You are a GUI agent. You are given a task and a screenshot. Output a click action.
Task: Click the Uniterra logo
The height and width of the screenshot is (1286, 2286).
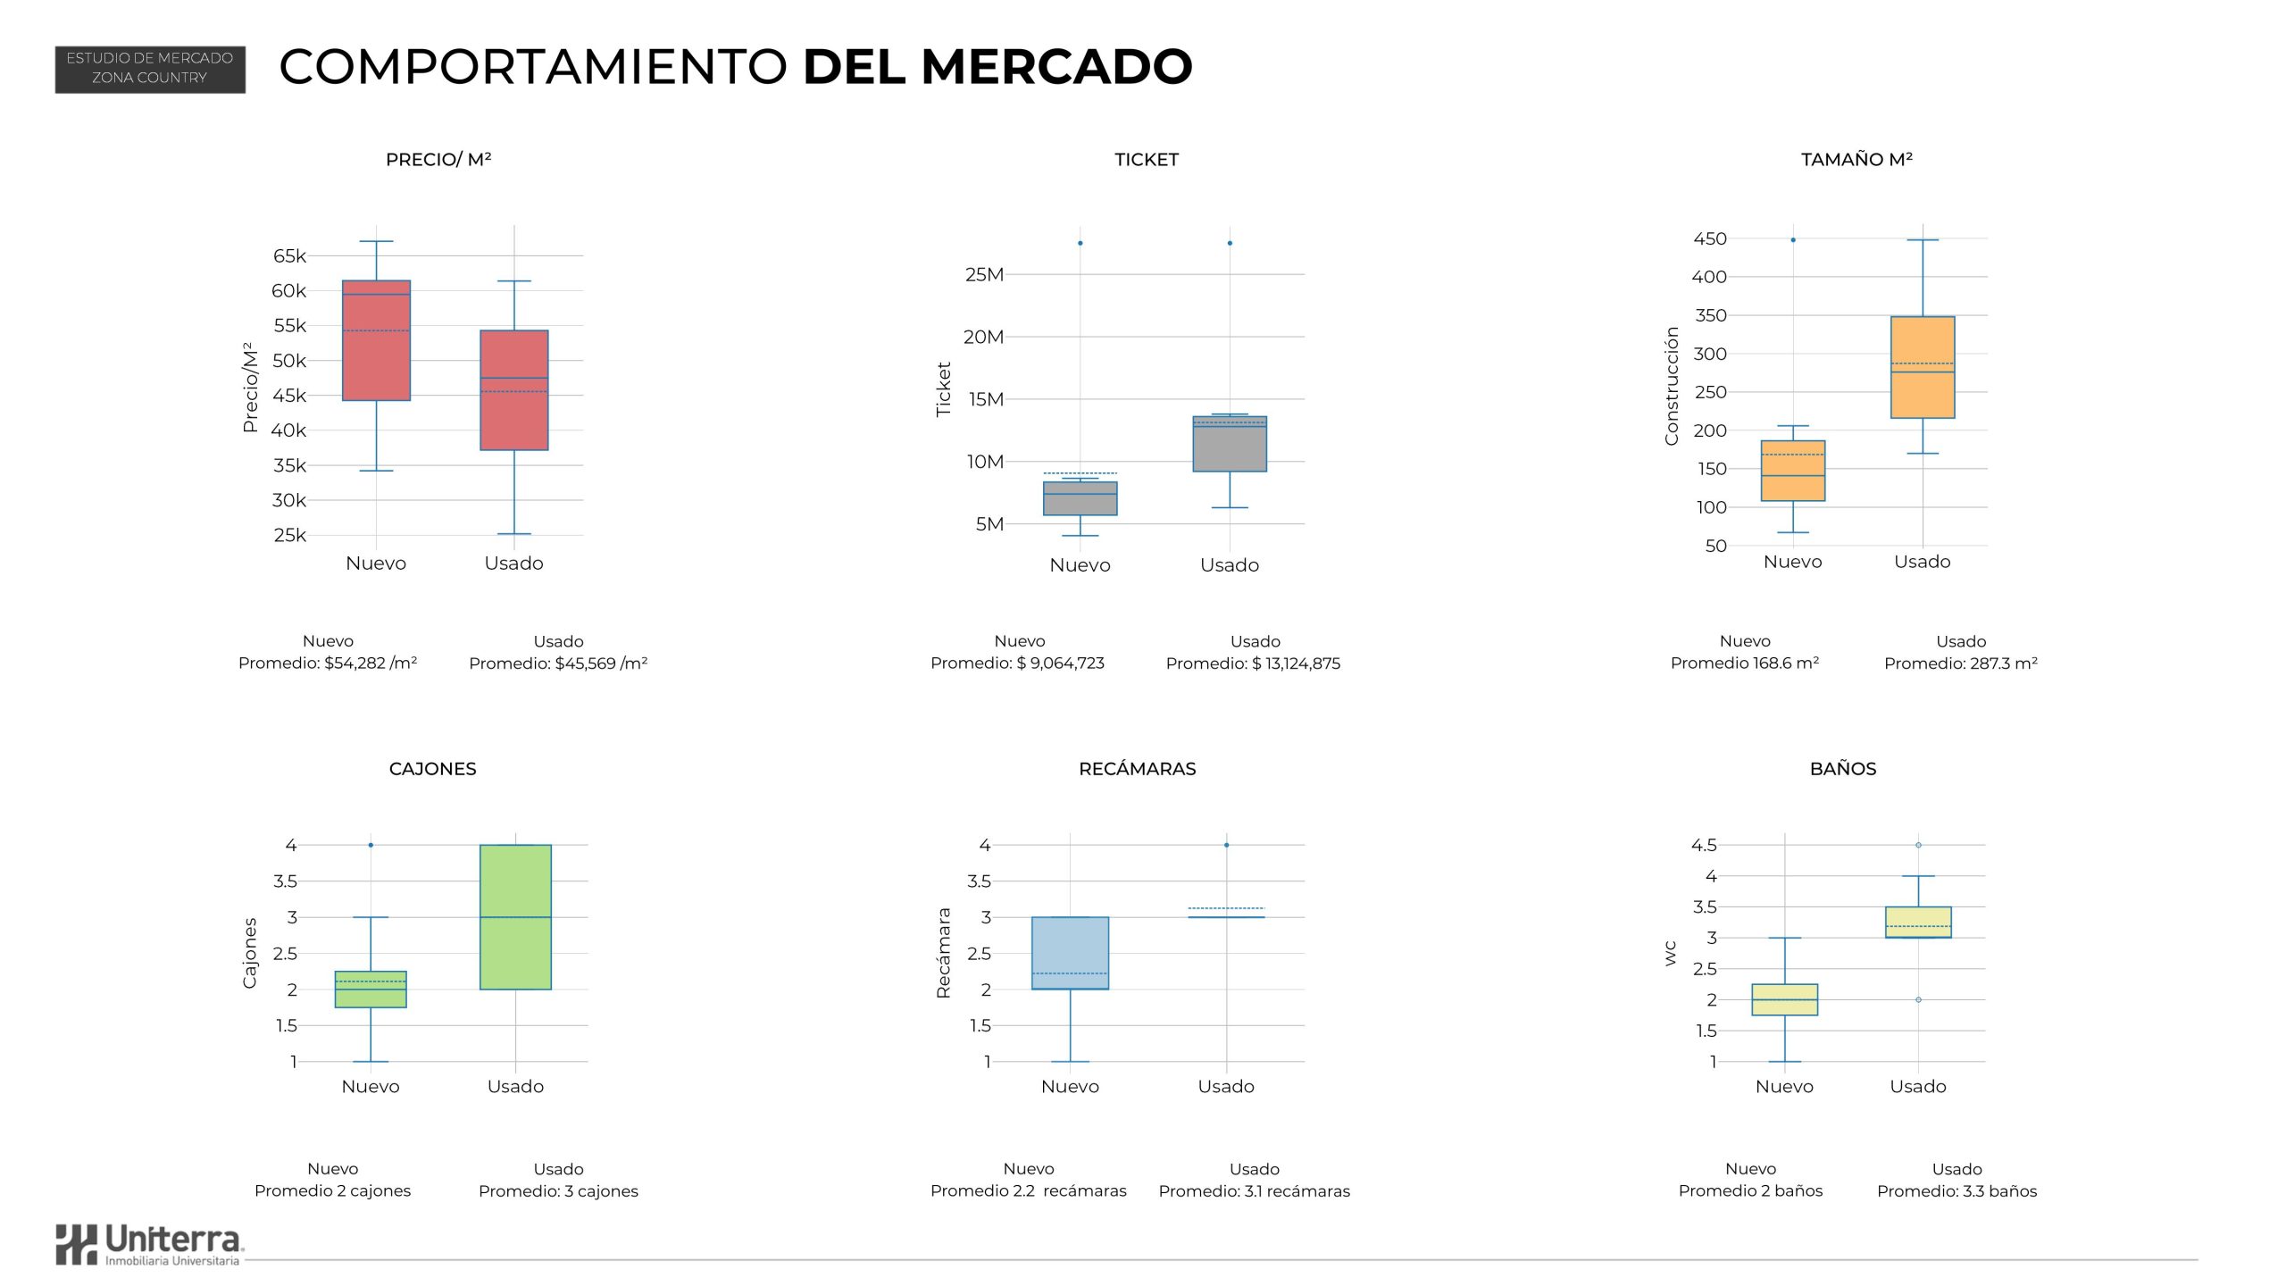pyautogui.click(x=149, y=1244)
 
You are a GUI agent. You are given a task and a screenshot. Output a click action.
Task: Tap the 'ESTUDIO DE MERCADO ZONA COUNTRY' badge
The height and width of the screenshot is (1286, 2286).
pyautogui.click(x=150, y=69)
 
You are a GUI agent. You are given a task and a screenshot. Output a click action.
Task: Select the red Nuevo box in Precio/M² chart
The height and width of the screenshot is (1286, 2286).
pyautogui.click(x=376, y=340)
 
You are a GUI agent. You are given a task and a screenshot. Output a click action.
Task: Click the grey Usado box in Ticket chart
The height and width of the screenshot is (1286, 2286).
pyautogui.click(x=1230, y=444)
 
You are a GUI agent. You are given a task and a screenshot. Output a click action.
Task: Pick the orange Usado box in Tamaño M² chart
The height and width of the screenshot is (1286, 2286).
pyautogui.click(x=1923, y=367)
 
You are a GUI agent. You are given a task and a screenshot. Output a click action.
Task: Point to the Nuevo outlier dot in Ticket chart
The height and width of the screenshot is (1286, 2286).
pyautogui.click(x=1080, y=243)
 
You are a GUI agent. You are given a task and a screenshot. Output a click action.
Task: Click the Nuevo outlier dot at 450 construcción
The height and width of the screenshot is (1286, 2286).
pyautogui.click(x=1793, y=240)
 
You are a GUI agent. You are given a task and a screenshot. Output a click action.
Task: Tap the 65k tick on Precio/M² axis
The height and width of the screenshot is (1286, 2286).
pyautogui.click(x=289, y=256)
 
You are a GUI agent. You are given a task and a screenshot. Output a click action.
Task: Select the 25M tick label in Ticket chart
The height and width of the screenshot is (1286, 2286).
pyautogui.click(x=984, y=275)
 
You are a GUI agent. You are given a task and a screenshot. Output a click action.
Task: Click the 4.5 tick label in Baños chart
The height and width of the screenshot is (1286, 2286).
pyautogui.click(x=1704, y=845)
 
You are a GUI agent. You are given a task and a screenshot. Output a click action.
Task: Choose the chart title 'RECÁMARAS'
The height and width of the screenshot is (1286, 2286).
pyautogui.click(x=1137, y=769)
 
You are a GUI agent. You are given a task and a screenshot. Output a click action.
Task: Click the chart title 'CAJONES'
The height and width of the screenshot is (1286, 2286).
pyautogui.click(x=432, y=769)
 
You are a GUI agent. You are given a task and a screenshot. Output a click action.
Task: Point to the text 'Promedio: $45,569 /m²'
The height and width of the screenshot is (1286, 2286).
pyautogui.click(x=558, y=664)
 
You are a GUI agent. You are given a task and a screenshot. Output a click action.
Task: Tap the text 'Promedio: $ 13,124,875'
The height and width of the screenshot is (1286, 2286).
pyautogui.click(x=1253, y=664)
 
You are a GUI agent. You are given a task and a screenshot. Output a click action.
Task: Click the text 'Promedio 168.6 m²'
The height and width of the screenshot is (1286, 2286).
pyautogui.click(x=1745, y=664)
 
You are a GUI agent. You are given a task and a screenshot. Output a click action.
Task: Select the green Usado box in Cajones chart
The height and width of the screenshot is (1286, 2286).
pyautogui.click(x=515, y=917)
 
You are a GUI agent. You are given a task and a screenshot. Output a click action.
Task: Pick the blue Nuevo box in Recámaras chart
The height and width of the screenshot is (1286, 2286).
pyautogui.click(x=1070, y=953)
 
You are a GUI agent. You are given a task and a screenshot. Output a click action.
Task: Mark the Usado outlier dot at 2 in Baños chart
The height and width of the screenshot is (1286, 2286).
pyautogui.click(x=1918, y=1000)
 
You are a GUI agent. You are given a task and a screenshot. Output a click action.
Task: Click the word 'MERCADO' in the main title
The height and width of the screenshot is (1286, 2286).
pyautogui.click(x=1056, y=67)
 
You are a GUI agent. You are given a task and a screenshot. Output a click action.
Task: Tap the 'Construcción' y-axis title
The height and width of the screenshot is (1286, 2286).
pyautogui.click(x=1672, y=386)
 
